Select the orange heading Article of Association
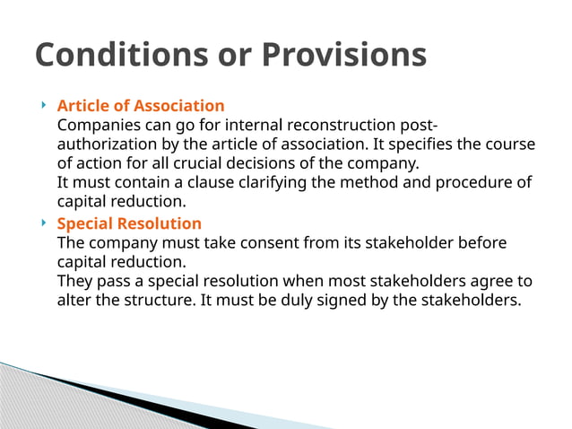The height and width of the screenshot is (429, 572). [141, 106]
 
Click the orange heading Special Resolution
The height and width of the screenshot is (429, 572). [129, 223]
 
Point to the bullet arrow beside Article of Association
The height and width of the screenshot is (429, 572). [44, 106]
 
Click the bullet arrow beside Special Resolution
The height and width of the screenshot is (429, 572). [44, 223]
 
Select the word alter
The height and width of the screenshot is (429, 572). [74, 300]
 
